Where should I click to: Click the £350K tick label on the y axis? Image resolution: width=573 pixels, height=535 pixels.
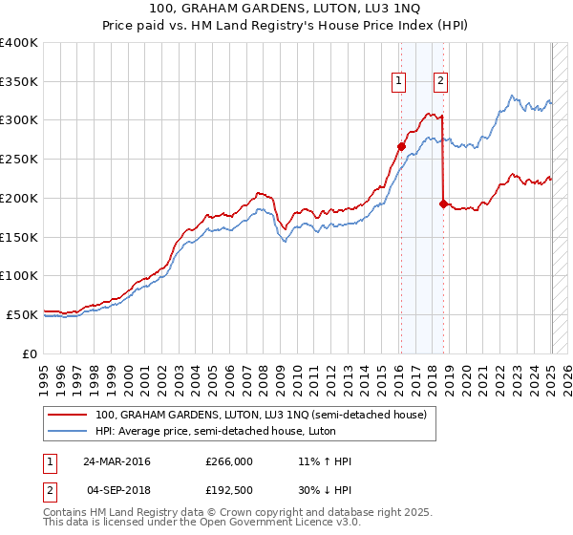coord(19,81)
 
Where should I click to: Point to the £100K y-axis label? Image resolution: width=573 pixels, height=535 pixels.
coord(19,275)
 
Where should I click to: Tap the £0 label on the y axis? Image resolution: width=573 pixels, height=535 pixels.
coord(31,353)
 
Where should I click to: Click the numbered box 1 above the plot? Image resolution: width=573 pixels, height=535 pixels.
coord(397,81)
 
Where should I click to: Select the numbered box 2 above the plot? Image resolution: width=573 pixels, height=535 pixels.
coord(440,81)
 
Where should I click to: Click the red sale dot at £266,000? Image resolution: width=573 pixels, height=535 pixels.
coord(402,146)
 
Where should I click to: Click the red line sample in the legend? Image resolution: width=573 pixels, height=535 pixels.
coord(69,415)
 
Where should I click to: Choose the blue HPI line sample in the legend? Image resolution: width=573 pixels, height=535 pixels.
coord(69,431)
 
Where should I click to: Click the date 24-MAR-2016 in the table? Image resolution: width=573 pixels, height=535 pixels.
coord(117,461)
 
